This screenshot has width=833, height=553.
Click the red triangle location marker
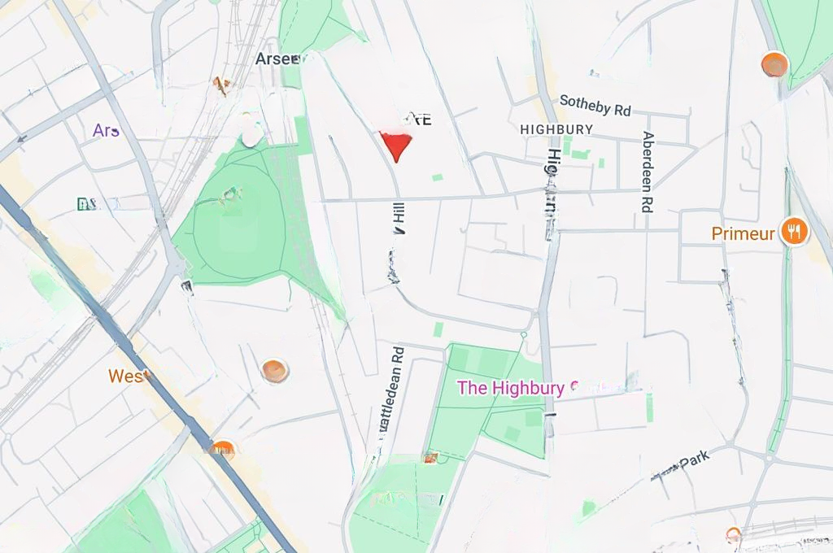(x=396, y=145)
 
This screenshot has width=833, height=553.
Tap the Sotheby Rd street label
(x=595, y=105)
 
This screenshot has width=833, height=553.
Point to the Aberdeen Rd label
(x=648, y=172)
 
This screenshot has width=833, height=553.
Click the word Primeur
(x=744, y=234)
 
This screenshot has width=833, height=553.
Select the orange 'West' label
(x=129, y=377)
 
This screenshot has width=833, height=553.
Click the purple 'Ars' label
(x=106, y=130)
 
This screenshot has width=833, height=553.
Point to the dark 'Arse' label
(x=277, y=59)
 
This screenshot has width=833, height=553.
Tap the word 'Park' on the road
(x=696, y=459)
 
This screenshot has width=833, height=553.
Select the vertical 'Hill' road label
(x=399, y=219)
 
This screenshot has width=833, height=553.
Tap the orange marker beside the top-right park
(x=774, y=64)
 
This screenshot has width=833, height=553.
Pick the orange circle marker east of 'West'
(x=275, y=371)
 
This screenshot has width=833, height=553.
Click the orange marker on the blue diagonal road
(x=222, y=449)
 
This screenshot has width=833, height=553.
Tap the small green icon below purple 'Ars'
(x=85, y=203)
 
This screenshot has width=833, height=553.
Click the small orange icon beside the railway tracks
(x=220, y=83)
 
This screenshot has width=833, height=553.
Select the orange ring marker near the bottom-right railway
(x=734, y=534)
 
